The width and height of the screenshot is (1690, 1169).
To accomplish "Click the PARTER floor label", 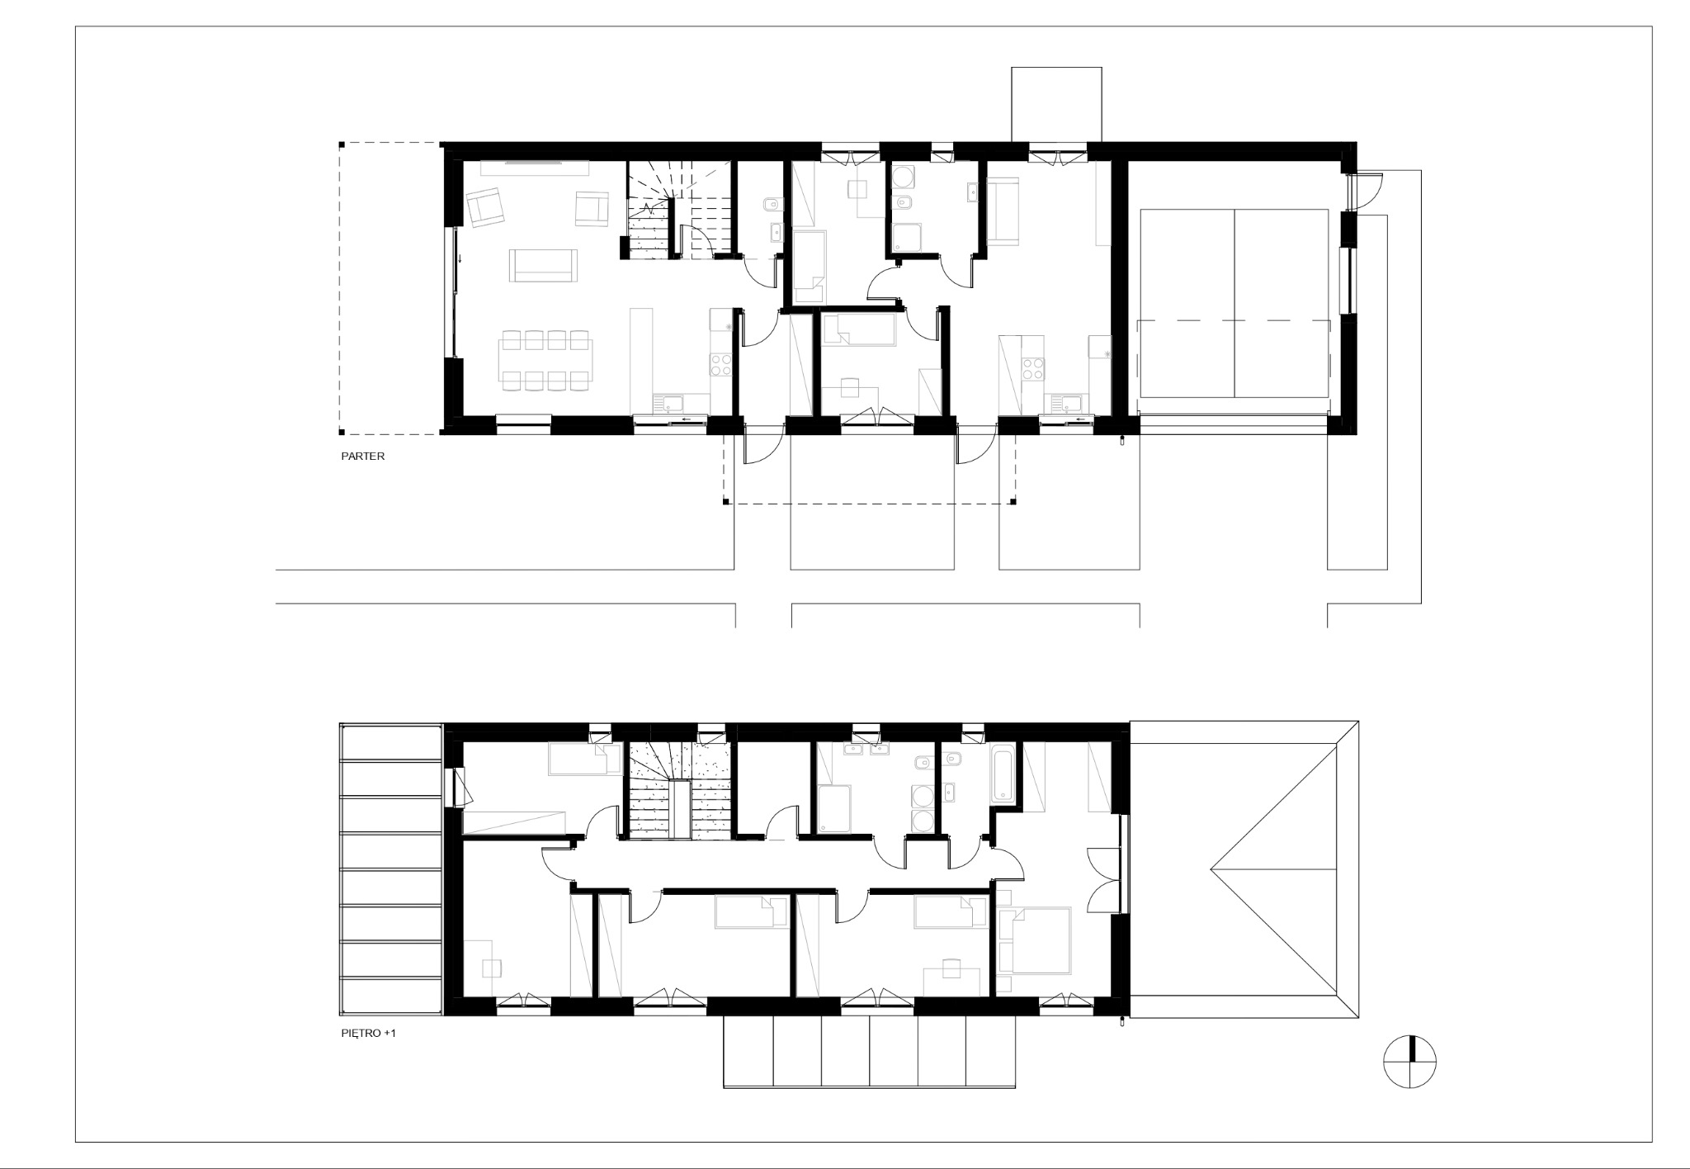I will pyautogui.click(x=363, y=456).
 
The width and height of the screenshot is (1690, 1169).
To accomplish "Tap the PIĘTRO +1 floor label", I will pyautogui.click(x=369, y=1032).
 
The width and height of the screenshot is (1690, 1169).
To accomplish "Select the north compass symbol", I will pyautogui.click(x=1410, y=1061).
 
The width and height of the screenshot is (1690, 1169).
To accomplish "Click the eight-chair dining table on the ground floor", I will pyautogui.click(x=545, y=361).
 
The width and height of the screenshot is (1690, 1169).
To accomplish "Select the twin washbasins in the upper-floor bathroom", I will pyautogui.click(x=866, y=750).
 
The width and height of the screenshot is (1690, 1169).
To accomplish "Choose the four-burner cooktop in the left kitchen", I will pyautogui.click(x=722, y=365).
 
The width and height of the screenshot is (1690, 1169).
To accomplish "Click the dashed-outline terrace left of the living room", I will pyautogui.click(x=390, y=288).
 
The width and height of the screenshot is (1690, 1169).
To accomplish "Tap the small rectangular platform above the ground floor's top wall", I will pyautogui.click(x=1056, y=105).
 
